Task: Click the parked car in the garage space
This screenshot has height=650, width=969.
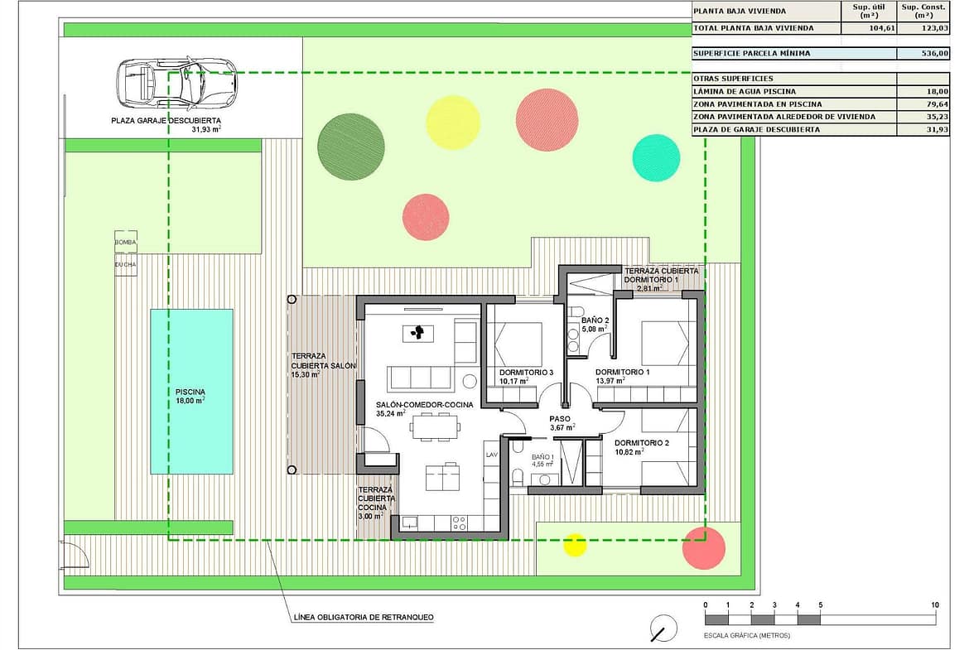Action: click(x=176, y=82)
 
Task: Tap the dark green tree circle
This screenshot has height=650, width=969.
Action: click(x=350, y=147)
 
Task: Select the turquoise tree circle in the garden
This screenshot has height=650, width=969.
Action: click(x=656, y=157)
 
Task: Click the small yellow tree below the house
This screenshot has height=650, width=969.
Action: click(x=575, y=544)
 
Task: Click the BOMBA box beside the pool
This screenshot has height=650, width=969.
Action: click(x=125, y=243)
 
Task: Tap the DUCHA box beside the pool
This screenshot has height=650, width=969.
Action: click(x=125, y=264)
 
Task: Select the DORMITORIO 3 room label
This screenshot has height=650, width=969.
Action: click(x=527, y=373)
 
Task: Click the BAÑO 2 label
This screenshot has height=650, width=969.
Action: click(x=595, y=320)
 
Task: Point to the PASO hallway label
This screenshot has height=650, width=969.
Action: click(x=560, y=419)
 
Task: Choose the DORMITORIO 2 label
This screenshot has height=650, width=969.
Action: click(x=642, y=443)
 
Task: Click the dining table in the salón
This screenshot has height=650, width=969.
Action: click(x=436, y=426)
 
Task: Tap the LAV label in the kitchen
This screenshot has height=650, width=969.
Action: click(x=492, y=455)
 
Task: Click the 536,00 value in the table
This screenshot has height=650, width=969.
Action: click(x=935, y=53)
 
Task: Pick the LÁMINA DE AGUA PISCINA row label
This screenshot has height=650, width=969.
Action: click(x=745, y=91)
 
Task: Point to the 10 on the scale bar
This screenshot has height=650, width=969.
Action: click(x=935, y=605)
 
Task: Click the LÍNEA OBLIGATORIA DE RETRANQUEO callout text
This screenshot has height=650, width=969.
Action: click(x=364, y=617)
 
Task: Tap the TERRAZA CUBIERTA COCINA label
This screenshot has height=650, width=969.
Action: click(x=376, y=503)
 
